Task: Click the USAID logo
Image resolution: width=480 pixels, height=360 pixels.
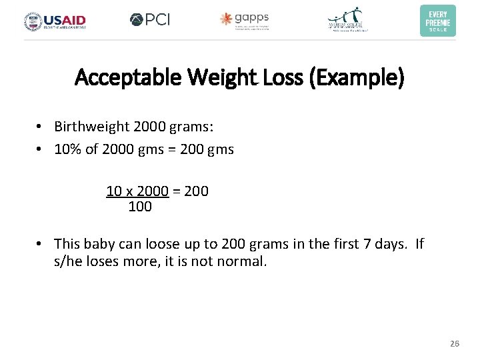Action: [55, 21]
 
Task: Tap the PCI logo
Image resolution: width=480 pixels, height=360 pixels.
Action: [150, 19]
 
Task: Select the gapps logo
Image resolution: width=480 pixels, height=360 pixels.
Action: [244, 20]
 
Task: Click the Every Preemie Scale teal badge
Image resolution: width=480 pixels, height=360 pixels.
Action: [438, 20]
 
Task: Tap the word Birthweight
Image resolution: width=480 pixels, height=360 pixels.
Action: [90, 127]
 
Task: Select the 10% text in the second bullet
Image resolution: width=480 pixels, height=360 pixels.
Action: [67, 149]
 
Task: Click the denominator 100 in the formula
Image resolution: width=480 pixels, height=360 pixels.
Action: [140, 207]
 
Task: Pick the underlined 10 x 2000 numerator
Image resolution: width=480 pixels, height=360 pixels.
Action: [137, 191]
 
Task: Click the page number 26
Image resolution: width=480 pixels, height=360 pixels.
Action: [455, 343]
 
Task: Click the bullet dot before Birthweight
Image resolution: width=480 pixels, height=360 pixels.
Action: [41, 127]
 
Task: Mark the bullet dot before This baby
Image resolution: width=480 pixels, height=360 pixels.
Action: [41, 244]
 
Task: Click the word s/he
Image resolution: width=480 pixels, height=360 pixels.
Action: [69, 261]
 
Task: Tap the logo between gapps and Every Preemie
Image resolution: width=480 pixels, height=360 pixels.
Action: [348, 20]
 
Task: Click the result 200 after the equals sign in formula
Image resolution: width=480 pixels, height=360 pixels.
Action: [196, 191]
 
